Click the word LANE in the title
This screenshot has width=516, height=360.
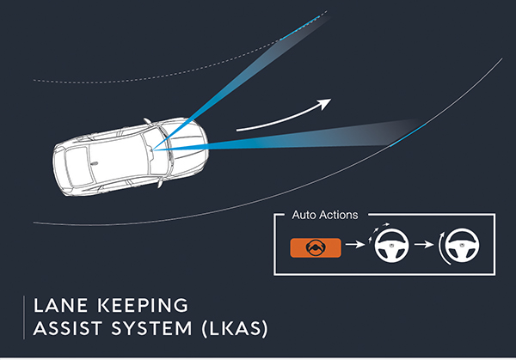60,305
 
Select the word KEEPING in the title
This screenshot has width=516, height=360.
143,305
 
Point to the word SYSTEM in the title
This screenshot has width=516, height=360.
151,328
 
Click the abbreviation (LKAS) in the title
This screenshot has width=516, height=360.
235,329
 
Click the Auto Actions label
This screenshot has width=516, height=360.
325,215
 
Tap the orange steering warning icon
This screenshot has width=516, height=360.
316,248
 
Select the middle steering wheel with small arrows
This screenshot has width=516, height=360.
391,245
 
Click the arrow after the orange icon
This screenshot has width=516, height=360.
355,244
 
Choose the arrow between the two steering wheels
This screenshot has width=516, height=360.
424,244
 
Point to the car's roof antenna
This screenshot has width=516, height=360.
95,162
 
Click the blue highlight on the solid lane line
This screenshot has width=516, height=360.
408,135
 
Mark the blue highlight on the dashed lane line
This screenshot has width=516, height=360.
301,27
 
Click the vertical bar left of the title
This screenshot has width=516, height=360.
24,317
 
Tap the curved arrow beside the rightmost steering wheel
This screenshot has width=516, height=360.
441,249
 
